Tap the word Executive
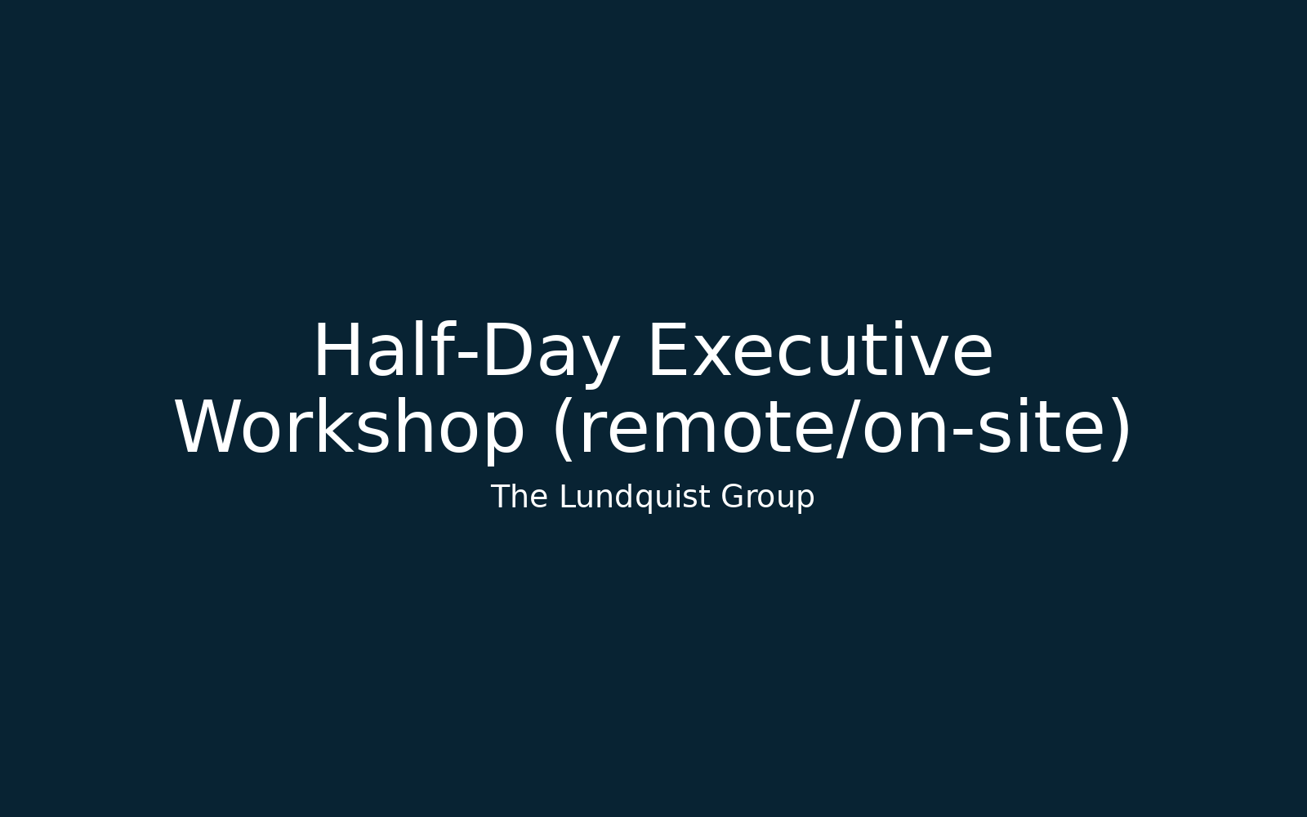coord(820,350)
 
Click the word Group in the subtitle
coord(767,498)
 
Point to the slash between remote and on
coord(847,430)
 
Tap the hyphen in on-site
coord(963,432)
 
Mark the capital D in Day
coord(506,350)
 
